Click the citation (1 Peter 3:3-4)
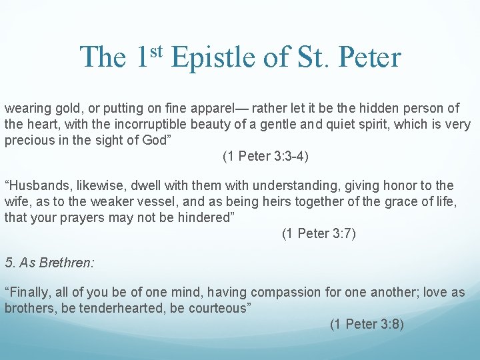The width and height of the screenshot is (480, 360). [265, 157]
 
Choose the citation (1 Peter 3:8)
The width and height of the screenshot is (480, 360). [367, 325]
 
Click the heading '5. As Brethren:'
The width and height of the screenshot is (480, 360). [49, 263]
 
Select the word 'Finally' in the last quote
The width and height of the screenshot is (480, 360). [28, 293]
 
